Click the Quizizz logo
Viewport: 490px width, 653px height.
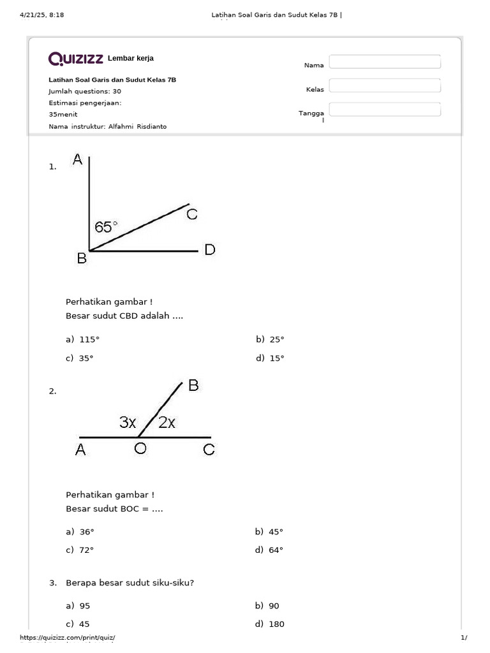(x=77, y=59)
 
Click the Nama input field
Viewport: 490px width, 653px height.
(x=385, y=61)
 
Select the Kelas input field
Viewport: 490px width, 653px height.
(x=385, y=85)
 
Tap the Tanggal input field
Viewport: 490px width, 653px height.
(x=385, y=109)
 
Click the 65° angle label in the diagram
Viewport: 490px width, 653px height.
(x=106, y=226)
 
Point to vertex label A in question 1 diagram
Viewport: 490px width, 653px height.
(x=78, y=160)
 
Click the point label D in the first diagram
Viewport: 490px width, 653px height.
(x=210, y=250)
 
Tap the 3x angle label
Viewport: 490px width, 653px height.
(x=128, y=422)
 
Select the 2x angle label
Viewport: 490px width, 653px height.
(x=167, y=422)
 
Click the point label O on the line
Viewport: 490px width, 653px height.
(x=140, y=450)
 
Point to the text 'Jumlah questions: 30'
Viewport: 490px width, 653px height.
(x=85, y=91)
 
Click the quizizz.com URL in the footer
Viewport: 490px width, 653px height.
(x=68, y=638)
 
